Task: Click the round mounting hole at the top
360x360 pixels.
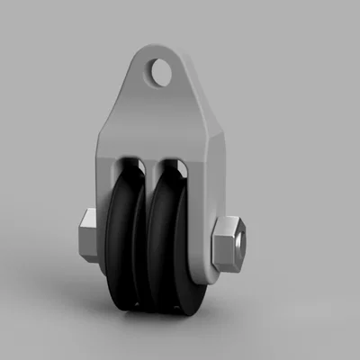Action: [x=161, y=72]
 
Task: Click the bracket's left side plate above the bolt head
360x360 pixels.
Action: [x=102, y=180]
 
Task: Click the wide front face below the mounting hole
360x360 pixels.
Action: [x=162, y=117]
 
